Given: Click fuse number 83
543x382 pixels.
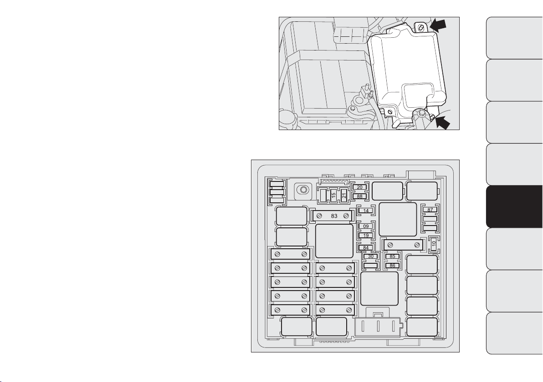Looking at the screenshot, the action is click(333, 216).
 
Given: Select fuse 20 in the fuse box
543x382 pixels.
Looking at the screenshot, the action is click(359, 187).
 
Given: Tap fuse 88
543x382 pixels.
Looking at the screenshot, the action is click(359, 196).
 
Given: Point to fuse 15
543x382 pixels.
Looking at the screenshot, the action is click(333, 196).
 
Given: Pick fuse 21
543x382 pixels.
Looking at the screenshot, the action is click(344, 196).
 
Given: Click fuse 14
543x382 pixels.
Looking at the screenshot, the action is click(366, 211).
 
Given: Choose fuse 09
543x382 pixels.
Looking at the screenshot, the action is click(366, 226).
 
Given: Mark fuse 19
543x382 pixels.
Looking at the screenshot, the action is click(366, 236).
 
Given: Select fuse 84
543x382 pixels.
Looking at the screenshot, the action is click(366, 247).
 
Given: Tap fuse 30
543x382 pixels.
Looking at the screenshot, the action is click(371, 256).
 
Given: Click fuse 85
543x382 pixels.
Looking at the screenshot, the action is click(392, 256).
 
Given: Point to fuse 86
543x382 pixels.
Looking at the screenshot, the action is click(392, 266).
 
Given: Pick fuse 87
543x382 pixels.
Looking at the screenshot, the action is click(430, 210).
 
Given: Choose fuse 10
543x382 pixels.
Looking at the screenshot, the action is click(434, 245).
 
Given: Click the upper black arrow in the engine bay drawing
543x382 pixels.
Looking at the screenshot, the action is click(438, 25).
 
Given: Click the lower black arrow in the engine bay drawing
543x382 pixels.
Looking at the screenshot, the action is click(442, 122).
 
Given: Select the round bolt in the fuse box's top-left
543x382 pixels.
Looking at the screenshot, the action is click(303, 190).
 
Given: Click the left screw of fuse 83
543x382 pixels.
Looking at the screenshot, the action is click(320, 216).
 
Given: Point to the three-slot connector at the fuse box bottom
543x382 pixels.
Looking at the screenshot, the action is click(379, 327).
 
